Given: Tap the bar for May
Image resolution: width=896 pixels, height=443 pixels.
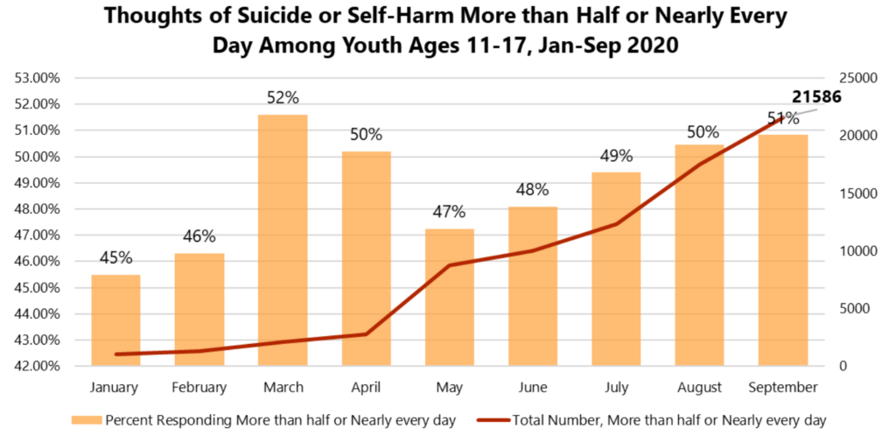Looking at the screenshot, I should (x=449, y=298).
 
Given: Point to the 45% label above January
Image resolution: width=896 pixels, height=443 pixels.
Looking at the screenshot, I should (x=115, y=257).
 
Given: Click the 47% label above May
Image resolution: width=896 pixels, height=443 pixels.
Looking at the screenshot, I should (x=449, y=212).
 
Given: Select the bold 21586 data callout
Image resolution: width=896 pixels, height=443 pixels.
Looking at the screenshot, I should (x=816, y=97).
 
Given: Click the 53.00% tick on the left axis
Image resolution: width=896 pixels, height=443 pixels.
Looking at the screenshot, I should (x=38, y=78).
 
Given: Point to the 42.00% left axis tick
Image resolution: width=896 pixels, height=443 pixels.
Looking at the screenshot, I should (x=38, y=366).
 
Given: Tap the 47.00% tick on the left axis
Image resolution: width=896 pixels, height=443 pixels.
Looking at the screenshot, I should (x=38, y=236).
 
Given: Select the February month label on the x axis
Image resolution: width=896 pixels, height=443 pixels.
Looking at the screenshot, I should (x=199, y=387).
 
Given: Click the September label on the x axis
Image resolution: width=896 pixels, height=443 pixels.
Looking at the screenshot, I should (x=783, y=387).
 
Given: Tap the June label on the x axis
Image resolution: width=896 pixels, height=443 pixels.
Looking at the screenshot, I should (x=533, y=387).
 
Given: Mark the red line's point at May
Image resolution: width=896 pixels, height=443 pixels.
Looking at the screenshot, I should (x=449, y=265).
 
